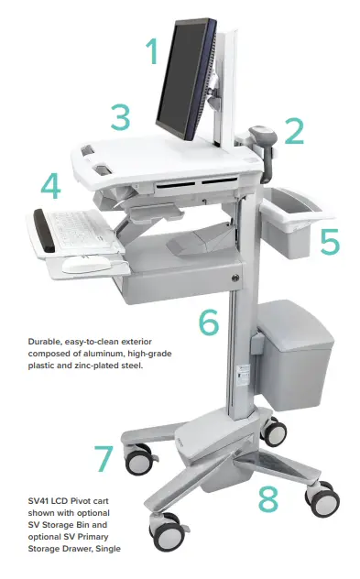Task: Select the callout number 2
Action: tap(292, 130)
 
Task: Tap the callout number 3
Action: tap(119, 117)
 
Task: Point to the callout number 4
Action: tap(50, 187)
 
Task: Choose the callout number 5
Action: tap(329, 241)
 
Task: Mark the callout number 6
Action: tap(209, 322)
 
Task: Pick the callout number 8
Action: tap(267, 499)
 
